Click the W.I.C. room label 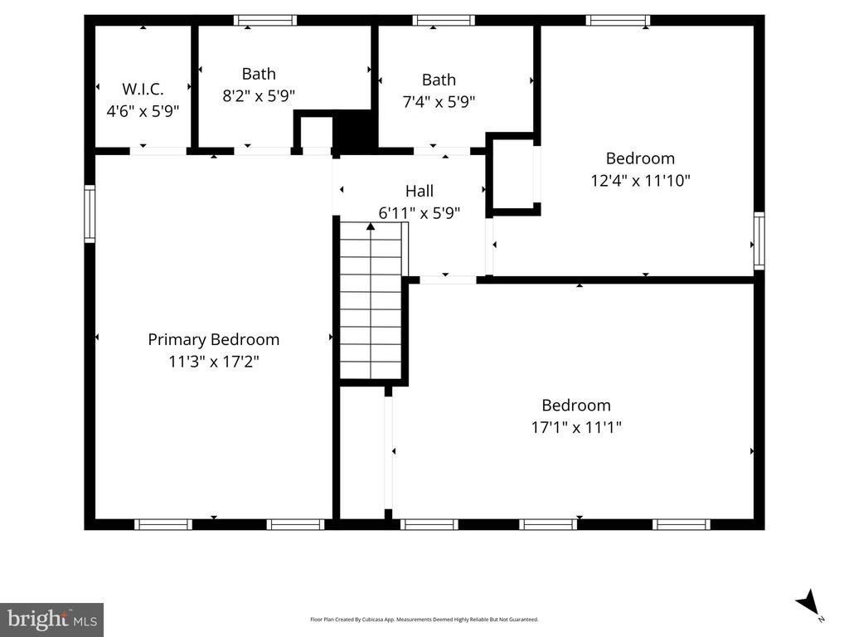(x=143, y=89)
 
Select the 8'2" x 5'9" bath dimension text (x=259, y=96)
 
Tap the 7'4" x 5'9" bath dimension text (x=439, y=101)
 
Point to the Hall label (x=420, y=191)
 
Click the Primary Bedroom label (x=214, y=339)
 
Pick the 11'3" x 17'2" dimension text (x=214, y=362)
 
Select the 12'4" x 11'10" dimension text (x=641, y=180)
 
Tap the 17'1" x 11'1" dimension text (x=576, y=427)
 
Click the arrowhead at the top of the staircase (x=371, y=226)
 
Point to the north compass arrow (x=808, y=603)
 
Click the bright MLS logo (x=52, y=620)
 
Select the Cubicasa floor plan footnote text (x=424, y=619)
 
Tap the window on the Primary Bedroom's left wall (x=90, y=213)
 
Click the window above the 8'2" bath (x=265, y=21)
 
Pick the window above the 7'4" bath (x=444, y=21)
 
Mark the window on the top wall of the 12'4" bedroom (x=618, y=21)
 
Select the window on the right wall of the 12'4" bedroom (x=759, y=241)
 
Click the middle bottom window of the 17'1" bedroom (x=549, y=524)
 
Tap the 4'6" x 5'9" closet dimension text (x=143, y=111)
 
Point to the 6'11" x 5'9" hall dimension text (x=420, y=213)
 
